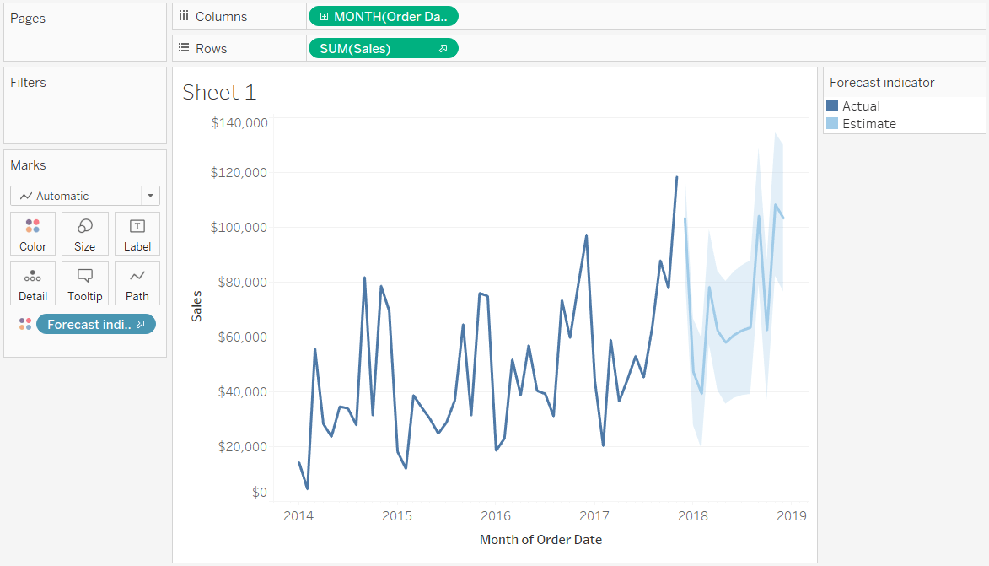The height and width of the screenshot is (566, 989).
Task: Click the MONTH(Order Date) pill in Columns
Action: click(384, 16)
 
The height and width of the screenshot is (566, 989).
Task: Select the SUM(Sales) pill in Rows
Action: click(384, 48)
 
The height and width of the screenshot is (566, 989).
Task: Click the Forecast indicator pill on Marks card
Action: click(95, 324)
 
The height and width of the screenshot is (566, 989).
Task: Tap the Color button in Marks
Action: click(33, 234)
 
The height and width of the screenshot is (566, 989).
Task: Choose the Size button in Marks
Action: click(85, 234)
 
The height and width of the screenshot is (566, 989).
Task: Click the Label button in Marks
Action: click(137, 234)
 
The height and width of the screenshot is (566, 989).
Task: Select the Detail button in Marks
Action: click(33, 283)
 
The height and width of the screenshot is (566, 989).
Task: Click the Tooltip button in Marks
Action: click(85, 283)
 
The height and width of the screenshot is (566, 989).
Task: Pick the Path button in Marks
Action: click(137, 283)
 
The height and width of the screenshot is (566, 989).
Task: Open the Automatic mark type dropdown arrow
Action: click(150, 196)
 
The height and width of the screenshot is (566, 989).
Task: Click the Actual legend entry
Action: click(860, 106)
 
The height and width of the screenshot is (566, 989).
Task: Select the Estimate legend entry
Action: click(868, 124)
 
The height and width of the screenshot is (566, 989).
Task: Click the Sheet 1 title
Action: click(219, 92)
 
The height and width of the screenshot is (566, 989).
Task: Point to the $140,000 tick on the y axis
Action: click(239, 123)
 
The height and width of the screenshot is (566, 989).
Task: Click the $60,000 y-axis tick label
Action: click(242, 337)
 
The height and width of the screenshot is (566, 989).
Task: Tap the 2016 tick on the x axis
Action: click(496, 515)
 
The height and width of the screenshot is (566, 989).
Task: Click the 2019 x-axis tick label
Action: click(792, 515)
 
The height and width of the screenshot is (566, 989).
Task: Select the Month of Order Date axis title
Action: click(540, 539)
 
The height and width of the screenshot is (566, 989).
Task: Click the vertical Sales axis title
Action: click(196, 305)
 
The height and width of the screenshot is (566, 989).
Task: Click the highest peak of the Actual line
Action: click(676, 177)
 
